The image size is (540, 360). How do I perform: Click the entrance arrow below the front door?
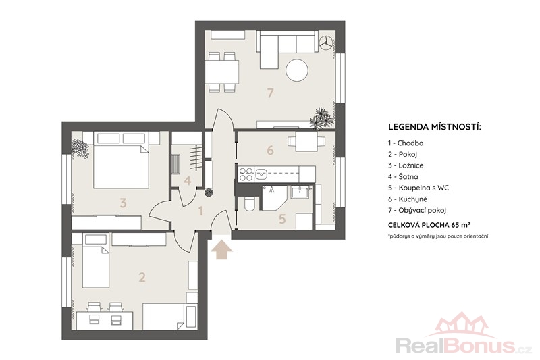(221, 250)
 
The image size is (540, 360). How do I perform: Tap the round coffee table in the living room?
(297, 70)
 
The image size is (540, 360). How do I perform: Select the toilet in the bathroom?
(249, 204)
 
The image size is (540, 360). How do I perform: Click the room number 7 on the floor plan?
(271, 93)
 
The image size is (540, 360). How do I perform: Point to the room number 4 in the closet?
(188, 180)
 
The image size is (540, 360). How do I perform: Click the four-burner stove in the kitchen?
(246, 174)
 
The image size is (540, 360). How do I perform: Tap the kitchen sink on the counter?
(261, 174)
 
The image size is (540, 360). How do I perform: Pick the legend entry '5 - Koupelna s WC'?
(418, 188)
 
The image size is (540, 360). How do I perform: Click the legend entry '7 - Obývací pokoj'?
(417, 210)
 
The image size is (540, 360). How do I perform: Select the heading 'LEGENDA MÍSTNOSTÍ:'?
(435, 127)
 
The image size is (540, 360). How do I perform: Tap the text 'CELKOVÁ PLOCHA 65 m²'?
(429, 225)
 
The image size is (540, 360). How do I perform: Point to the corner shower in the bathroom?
(274, 198)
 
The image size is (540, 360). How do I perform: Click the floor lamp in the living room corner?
(325, 43)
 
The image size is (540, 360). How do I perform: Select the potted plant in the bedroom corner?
(80, 149)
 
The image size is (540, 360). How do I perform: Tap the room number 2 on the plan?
(142, 277)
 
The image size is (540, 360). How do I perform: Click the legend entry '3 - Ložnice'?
(406, 165)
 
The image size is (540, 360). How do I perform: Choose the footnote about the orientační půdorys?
(438, 236)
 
